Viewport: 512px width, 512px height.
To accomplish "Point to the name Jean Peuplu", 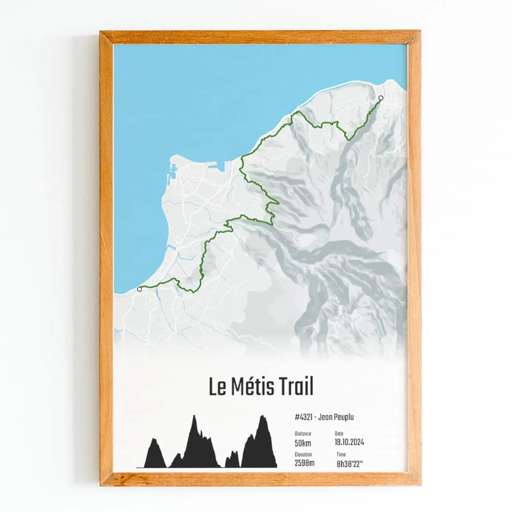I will [x=336, y=417].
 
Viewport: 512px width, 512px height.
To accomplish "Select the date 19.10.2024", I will [x=350, y=442].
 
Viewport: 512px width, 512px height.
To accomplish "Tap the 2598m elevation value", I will [x=305, y=464].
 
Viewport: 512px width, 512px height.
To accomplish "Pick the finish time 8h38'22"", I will [x=350, y=464].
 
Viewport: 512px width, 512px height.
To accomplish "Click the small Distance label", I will [x=303, y=434].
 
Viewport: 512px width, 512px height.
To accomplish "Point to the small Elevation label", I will [x=304, y=455].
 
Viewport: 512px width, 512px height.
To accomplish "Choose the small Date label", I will [x=339, y=434].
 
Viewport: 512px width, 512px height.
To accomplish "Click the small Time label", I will [x=341, y=455].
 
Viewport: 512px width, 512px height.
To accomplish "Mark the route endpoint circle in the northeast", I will [x=380, y=98].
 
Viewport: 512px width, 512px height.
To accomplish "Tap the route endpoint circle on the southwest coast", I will [x=139, y=289].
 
